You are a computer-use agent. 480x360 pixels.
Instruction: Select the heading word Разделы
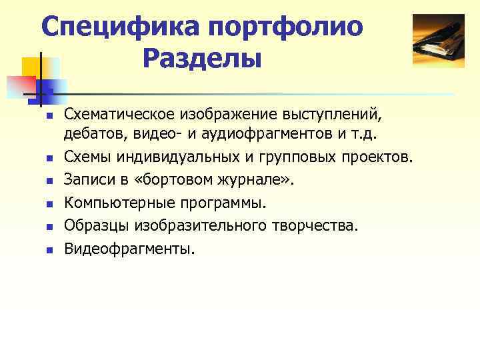click(x=202, y=59)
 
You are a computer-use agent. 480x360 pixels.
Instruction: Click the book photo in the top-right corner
click(x=438, y=41)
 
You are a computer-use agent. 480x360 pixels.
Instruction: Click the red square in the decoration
click(x=20, y=85)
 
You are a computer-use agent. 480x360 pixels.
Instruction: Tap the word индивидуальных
click(x=178, y=157)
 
